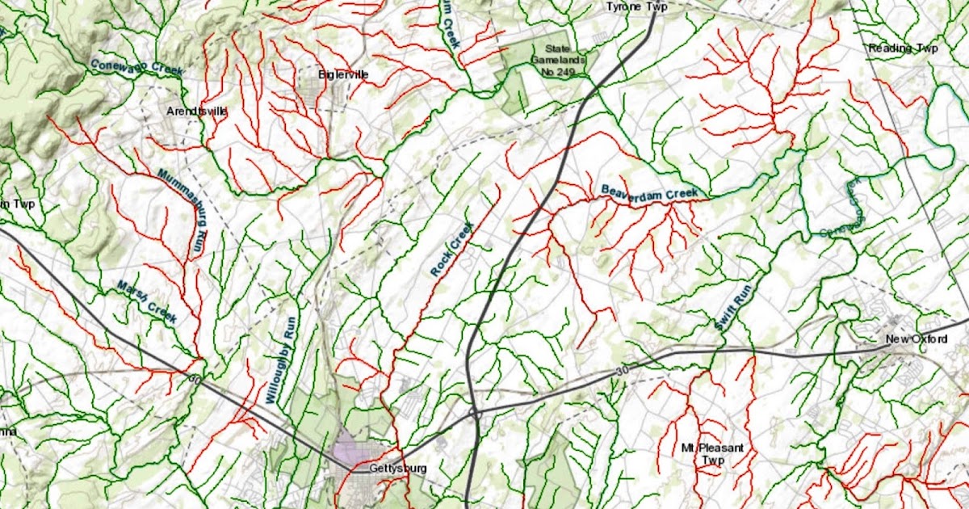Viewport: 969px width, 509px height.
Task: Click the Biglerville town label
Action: (x=344, y=74)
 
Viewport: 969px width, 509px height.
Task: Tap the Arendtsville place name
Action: (x=196, y=111)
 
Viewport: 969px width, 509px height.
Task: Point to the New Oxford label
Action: (x=916, y=339)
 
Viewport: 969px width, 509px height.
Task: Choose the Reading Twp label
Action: (x=903, y=48)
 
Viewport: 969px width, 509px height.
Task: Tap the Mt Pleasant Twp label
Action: (x=701, y=454)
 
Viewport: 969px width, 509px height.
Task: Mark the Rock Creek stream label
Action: (x=451, y=251)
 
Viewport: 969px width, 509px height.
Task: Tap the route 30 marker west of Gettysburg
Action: (x=193, y=379)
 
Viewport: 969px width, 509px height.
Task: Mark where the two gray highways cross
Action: (x=474, y=413)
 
